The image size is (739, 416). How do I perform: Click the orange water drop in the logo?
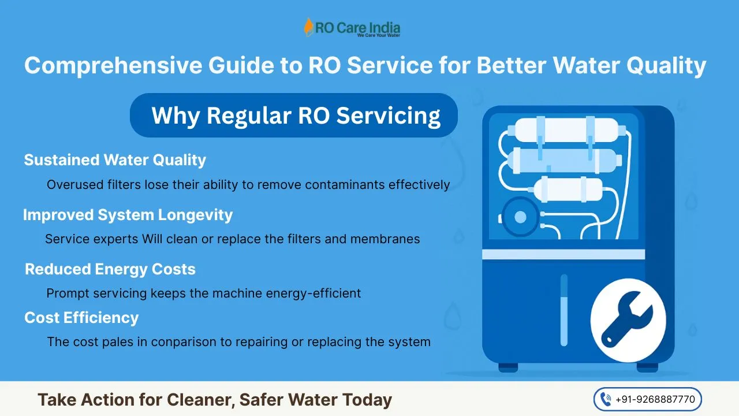308,27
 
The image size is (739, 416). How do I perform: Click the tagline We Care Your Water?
378,35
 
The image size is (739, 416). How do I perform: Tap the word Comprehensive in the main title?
113,66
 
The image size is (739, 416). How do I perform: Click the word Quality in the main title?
666,66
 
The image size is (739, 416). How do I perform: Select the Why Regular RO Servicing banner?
294,115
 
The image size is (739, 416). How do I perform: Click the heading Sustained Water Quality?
115,160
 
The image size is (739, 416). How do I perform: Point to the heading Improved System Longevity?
128,215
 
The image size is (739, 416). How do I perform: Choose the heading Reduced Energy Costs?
110,269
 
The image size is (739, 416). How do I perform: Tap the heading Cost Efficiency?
81,318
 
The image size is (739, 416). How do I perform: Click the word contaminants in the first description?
345,184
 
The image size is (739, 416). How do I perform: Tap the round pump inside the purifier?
520,217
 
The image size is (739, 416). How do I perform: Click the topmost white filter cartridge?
566,130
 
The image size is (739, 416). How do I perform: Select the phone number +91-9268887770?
655,399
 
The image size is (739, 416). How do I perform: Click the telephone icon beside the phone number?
606,399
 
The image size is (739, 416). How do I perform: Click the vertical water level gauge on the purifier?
564,310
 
